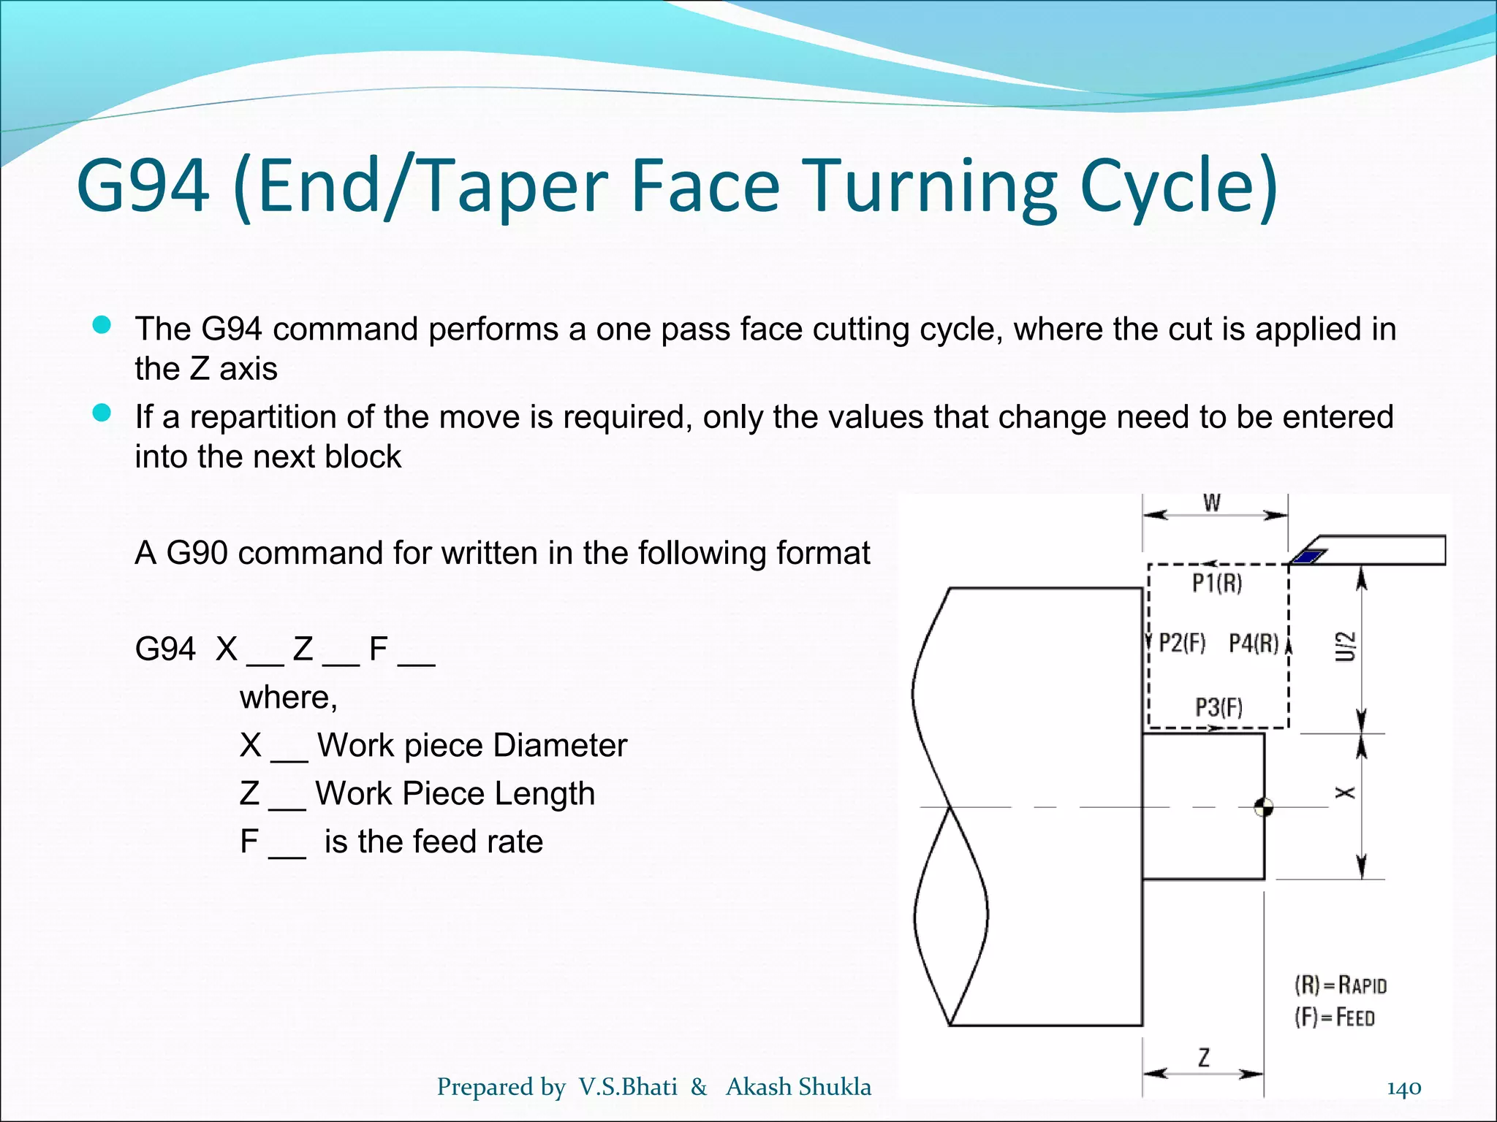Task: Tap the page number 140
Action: pyautogui.click(x=1403, y=1088)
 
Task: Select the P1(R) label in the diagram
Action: pyautogui.click(x=1217, y=584)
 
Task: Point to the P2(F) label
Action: pyautogui.click(x=1182, y=644)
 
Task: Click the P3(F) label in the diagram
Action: pyautogui.click(x=1219, y=708)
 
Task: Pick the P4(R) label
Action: pyautogui.click(x=1254, y=644)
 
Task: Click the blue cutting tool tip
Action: pyautogui.click(x=1308, y=557)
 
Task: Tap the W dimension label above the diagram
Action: pyautogui.click(x=1212, y=503)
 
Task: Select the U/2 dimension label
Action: pyautogui.click(x=1346, y=646)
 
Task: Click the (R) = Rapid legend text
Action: pyautogui.click(x=1341, y=985)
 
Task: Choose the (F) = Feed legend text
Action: pyautogui.click(x=1335, y=1018)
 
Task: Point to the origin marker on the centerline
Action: pyautogui.click(x=1264, y=807)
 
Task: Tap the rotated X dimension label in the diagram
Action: pyautogui.click(x=1346, y=793)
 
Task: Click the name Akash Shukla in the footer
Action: pyautogui.click(x=798, y=1087)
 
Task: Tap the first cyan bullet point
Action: pyautogui.click(x=102, y=326)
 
